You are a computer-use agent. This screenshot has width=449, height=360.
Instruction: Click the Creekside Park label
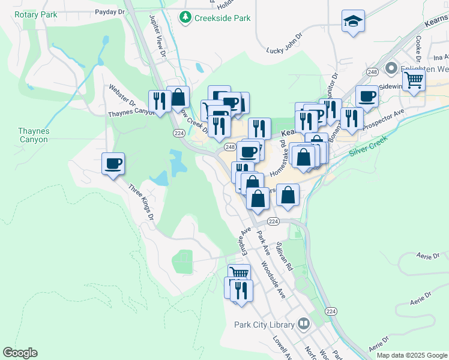tap(222, 18)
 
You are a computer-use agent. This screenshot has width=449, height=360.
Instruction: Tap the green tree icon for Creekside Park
tap(186, 18)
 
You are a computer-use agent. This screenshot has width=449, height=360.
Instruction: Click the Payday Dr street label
tap(109, 11)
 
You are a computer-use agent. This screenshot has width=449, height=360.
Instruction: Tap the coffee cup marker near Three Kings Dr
tap(113, 163)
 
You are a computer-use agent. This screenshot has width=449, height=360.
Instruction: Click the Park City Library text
tap(264, 325)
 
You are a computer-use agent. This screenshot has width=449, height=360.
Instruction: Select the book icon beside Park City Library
tap(304, 325)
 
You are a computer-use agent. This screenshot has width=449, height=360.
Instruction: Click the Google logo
tap(20, 353)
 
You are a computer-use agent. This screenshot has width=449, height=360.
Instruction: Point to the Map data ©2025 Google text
tap(411, 355)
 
